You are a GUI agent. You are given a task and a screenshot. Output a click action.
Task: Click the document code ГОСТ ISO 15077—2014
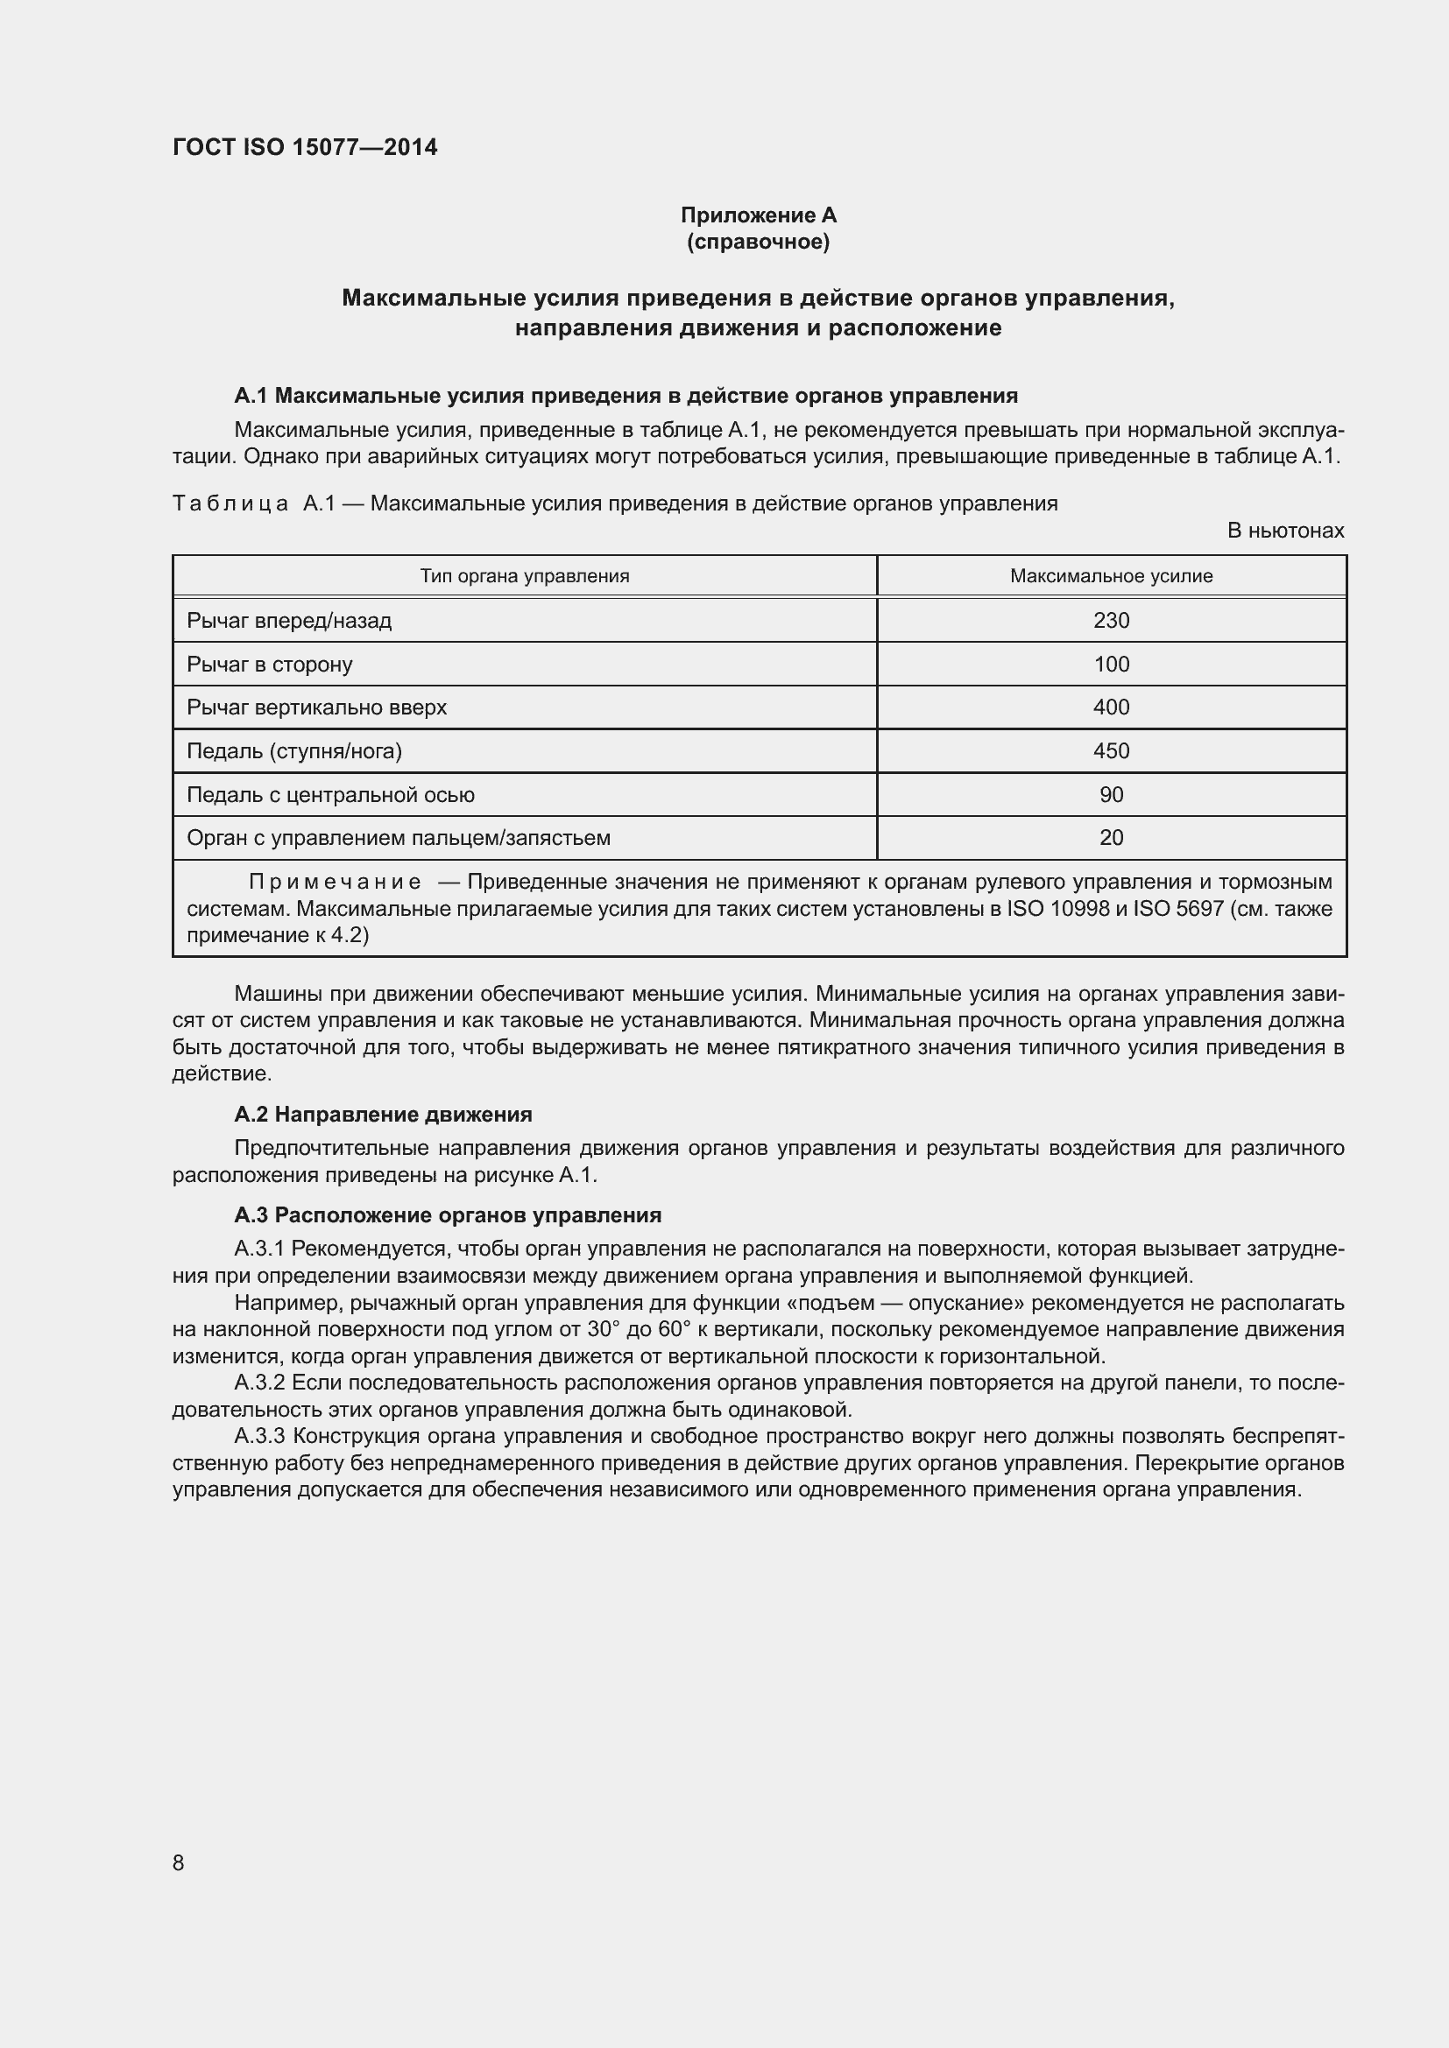[x=304, y=147]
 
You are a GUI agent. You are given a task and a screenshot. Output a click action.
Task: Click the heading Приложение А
[x=758, y=215]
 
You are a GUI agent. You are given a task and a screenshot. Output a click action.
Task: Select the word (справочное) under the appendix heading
[x=758, y=242]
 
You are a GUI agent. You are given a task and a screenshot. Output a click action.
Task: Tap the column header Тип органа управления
[x=525, y=576]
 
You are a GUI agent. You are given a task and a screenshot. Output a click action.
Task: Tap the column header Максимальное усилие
[x=1111, y=576]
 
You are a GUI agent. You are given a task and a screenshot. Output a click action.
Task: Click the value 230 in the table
[x=1111, y=620]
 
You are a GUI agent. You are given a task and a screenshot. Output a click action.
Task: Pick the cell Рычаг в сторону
[x=270, y=665]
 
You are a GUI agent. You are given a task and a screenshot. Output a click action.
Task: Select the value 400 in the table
[x=1111, y=707]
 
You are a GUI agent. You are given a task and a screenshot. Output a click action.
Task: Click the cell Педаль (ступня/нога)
[x=294, y=751]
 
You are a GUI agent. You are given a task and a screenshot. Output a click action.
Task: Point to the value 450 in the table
[x=1111, y=751]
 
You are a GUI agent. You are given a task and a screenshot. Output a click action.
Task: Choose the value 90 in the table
[x=1111, y=795]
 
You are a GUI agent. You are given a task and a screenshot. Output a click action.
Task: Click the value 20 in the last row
[x=1111, y=838]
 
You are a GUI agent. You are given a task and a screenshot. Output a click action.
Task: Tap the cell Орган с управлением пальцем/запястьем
[x=398, y=838]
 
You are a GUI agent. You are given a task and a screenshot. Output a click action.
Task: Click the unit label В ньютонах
[x=1285, y=531]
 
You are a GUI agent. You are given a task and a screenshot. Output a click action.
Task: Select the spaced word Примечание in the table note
[x=335, y=883]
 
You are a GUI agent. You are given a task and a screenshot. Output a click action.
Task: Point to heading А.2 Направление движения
[x=383, y=1114]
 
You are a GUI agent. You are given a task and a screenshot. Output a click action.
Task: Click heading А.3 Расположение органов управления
[x=447, y=1215]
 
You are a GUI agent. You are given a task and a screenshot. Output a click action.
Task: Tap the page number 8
[x=179, y=1862]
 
